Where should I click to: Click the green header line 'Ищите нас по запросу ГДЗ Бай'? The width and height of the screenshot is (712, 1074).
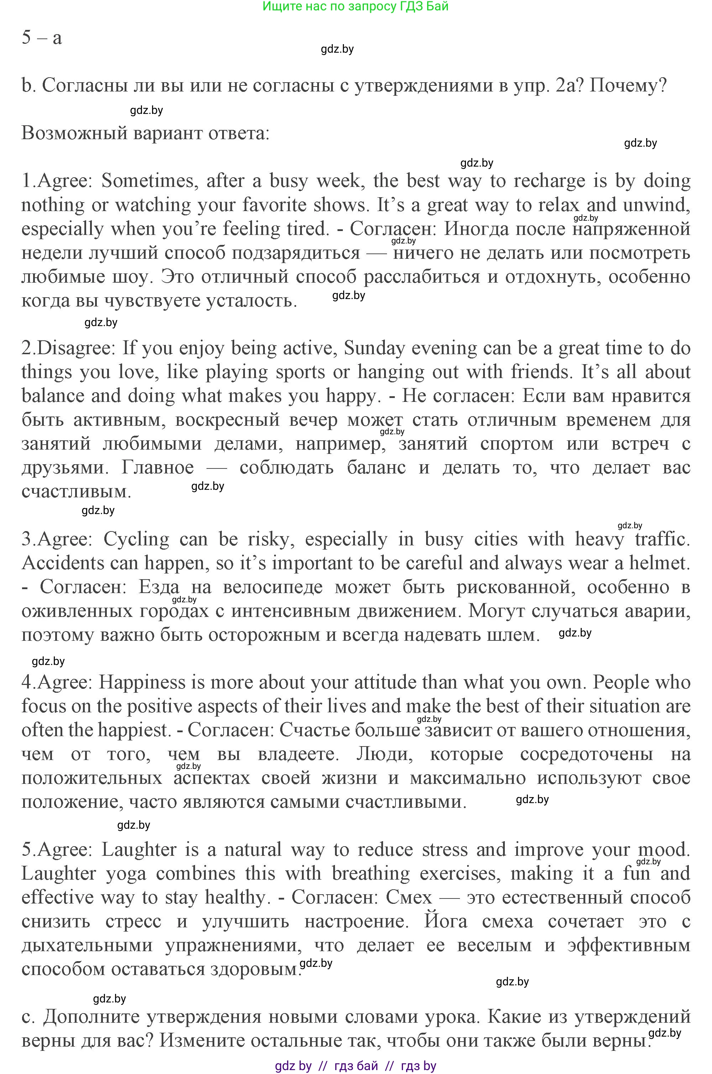pyautogui.click(x=356, y=6)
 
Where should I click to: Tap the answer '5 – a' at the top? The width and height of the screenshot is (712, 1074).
pyautogui.click(x=41, y=37)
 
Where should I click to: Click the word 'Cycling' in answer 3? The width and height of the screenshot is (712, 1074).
pyautogui.click(x=136, y=539)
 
